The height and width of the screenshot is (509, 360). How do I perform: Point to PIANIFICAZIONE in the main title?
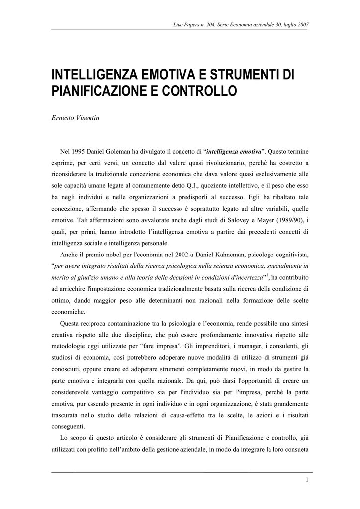pyautogui.click(x=97, y=92)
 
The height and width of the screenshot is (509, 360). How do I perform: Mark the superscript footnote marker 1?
pyautogui.click(x=267, y=275)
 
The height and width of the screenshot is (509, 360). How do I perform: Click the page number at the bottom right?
pyautogui.click(x=307, y=479)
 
